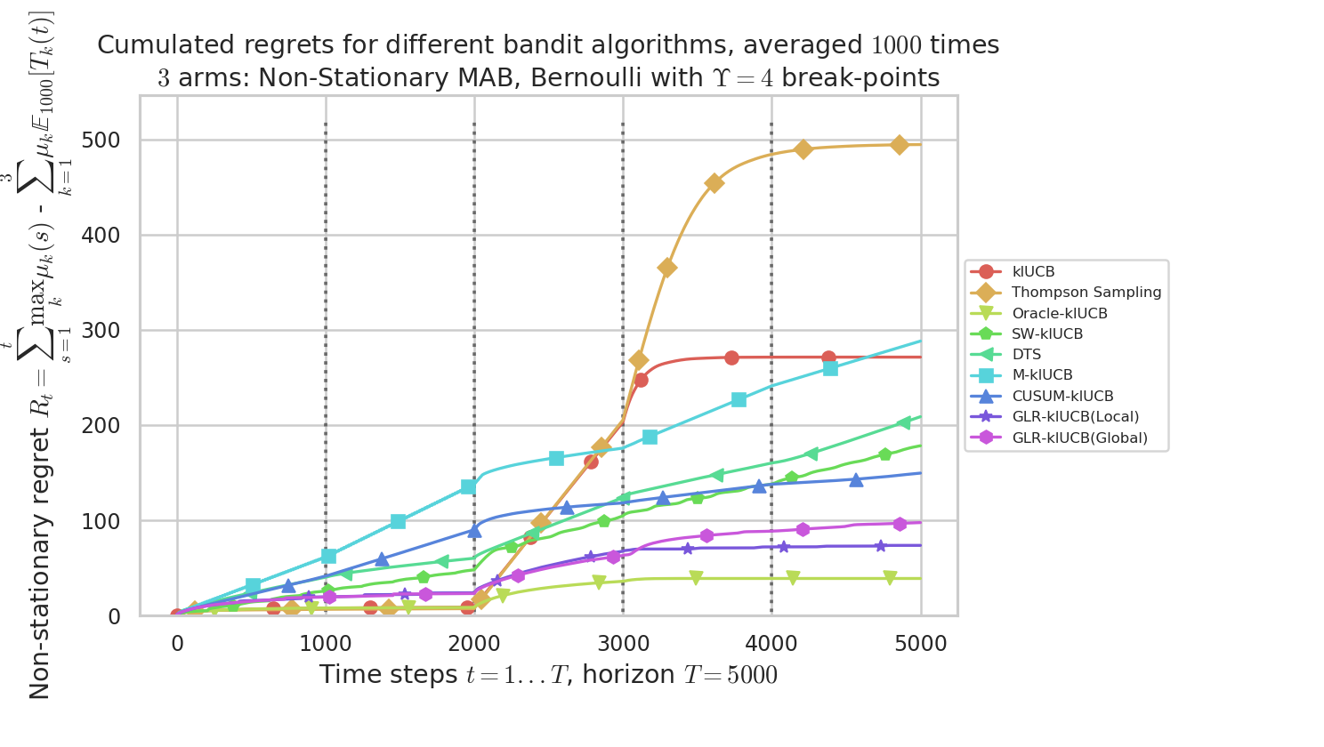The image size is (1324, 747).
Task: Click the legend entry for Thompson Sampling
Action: pyautogui.click(x=1086, y=293)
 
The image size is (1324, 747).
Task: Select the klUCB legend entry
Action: pyautogui.click(x=1033, y=272)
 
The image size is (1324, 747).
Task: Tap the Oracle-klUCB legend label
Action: pyautogui.click(x=1059, y=313)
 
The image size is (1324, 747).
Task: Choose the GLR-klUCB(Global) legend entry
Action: pyautogui.click(x=1079, y=438)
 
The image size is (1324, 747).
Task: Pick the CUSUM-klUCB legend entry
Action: pyautogui.click(x=1062, y=397)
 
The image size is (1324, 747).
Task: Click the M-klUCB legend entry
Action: pyautogui.click(x=1042, y=375)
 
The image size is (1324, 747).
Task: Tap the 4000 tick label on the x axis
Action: pyautogui.click(x=771, y=643)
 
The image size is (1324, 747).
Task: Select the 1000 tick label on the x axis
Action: pyautogui.click(x=326, y=643)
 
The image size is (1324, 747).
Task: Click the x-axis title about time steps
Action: pyautogui.click(x=548, y=675)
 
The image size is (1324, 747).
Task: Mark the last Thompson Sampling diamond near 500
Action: pyautogui.click(x=900, y=145)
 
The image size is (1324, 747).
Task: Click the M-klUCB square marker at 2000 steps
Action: pyautogui.click(x=468, y=486)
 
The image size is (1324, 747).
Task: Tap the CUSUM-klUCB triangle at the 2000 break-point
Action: pyautogui.click(x=474, y=530)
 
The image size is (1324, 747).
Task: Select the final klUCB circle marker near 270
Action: pyautogui.click(x=828, y=357)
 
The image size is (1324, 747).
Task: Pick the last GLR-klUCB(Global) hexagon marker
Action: pyautogui.click(x=900, y=524)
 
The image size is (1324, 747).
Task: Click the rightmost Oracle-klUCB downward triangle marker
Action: pyautogui.click(x=890, y=578)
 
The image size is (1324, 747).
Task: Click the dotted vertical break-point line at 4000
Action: pyautogui.click(x=771, y=267)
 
